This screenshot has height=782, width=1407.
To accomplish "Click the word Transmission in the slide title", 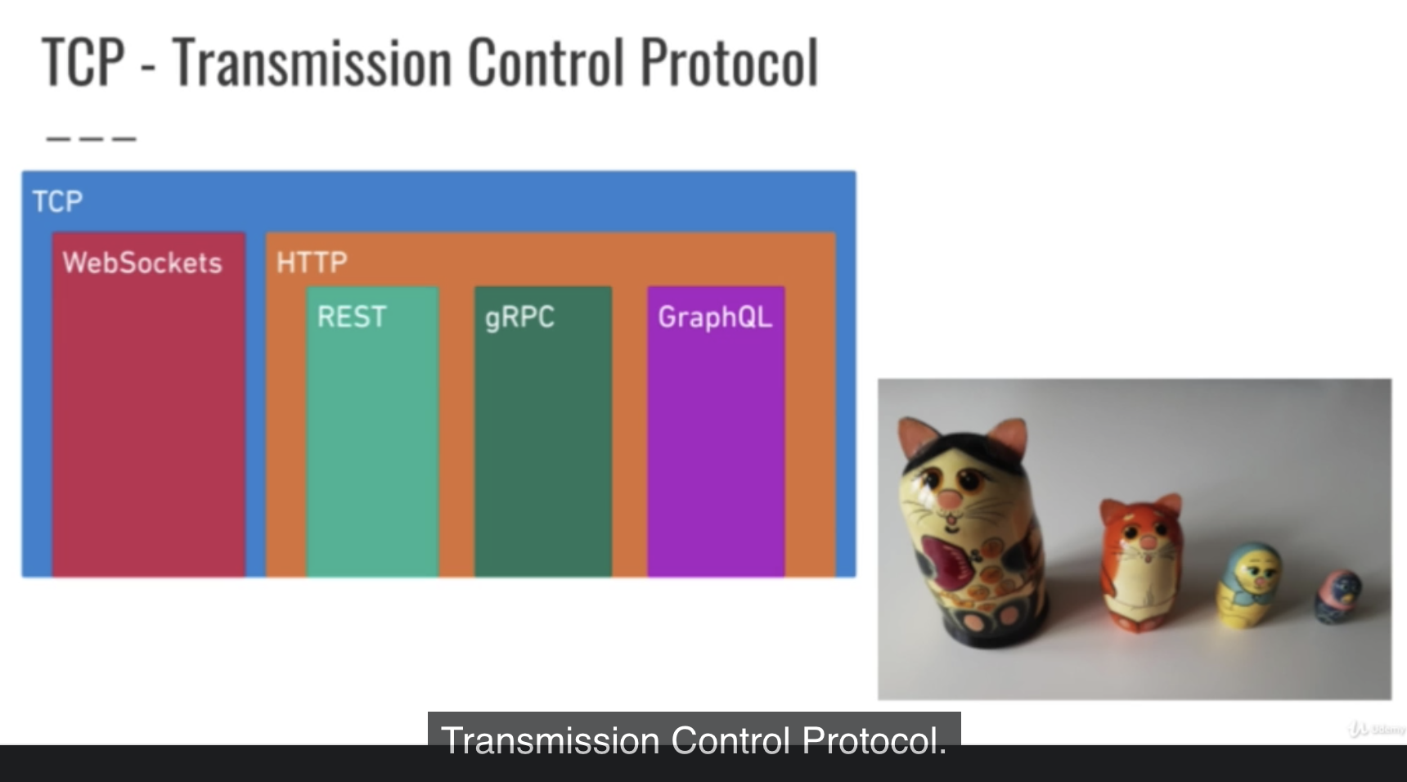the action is [312, 62].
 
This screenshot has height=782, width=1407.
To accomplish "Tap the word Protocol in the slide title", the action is [729, 62].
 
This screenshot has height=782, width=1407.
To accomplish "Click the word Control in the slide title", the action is [546, 62].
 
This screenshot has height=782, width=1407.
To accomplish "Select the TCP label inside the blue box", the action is [57, 201].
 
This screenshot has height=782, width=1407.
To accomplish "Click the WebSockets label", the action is [142, 263].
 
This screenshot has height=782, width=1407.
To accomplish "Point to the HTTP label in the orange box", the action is [312, 263].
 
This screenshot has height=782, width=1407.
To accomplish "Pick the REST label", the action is [352, 317].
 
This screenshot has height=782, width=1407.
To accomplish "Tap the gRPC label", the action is [519, 317].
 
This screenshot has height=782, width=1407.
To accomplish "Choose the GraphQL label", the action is [715, 317].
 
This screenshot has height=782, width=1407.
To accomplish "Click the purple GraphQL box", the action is [716, 432].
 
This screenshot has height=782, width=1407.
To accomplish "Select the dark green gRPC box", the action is [543, 432].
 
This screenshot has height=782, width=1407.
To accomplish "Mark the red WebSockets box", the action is [149, 405].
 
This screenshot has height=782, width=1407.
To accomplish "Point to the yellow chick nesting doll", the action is [1249, 586].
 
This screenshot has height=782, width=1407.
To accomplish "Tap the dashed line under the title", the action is [91, 139].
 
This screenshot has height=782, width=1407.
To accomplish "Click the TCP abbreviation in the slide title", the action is [83, 62].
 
